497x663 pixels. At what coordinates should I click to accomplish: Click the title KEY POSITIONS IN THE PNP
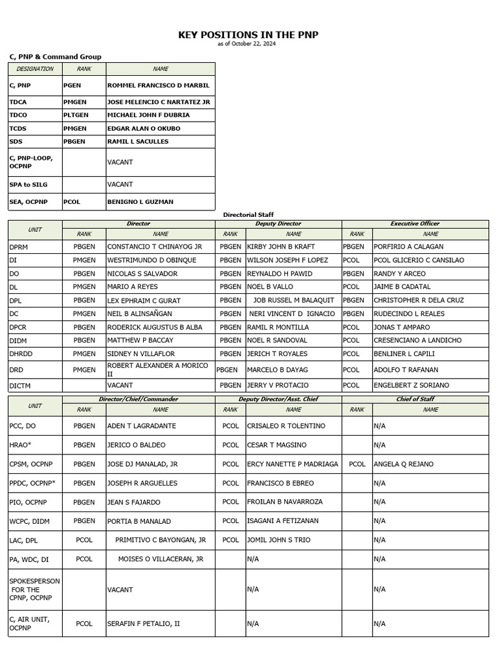pyautogui.click(x=248, y=35)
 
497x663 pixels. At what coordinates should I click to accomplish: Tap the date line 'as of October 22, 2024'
pyautogui.click(x=248, y=44)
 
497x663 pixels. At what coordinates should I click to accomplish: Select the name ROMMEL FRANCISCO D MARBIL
pyautogui.click(x=158, y=85)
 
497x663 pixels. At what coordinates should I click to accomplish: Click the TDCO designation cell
pyautogui.click(x=18, y=115)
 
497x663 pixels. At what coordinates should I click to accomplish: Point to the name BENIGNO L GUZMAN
pyautogui.click(x=140, y=202)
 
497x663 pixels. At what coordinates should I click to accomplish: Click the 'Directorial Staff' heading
pyautogui.click(x=248, y=214)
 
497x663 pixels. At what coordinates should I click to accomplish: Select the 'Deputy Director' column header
pyautogui.click(x=278, y=224)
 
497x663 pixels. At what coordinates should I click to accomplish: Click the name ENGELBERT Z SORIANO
pyautogui.click(x=411, y=385)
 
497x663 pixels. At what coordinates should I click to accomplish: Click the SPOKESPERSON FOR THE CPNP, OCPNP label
pyautogui.click(x=31, y=589)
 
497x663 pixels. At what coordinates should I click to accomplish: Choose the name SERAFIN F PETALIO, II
pyautogui.click(x=143, y=624)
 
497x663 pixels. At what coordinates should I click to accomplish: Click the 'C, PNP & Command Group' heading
pyautogui.click(x=55, y=57)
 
